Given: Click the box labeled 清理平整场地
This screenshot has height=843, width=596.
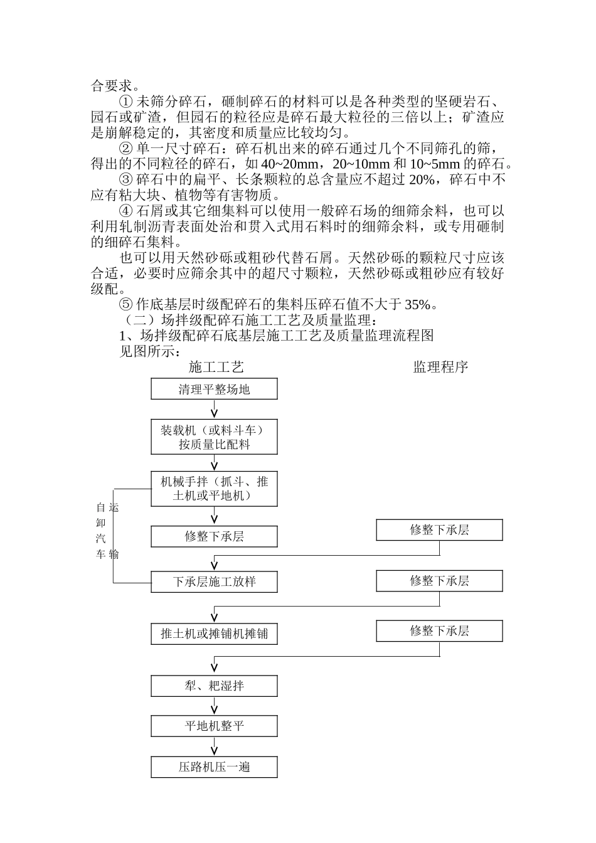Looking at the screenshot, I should tap(214, 389).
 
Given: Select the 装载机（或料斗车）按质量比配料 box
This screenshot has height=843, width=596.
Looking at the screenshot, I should tap(214, 437).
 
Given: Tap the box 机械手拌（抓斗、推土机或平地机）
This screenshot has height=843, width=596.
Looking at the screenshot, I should tap(214, 489).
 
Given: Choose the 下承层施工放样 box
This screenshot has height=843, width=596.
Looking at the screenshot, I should tap(214, 581).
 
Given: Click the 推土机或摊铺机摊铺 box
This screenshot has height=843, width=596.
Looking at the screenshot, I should tap(214, 634).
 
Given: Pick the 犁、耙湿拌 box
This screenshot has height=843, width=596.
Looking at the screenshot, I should tap(214, 686).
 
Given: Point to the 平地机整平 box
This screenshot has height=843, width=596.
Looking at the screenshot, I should tap(214, 726).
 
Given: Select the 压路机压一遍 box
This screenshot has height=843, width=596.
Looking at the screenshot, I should tap(214, 767).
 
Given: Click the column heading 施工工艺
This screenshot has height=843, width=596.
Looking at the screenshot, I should tap(216, 367).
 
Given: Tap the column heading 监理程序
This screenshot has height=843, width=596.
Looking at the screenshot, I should tap(440, 367).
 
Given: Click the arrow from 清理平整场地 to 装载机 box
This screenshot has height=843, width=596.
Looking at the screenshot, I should tap(215, 409).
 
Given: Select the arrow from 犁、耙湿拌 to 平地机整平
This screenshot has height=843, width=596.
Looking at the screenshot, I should tap(215, 706).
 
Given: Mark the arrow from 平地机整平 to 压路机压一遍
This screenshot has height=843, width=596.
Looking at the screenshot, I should tap(215, 746).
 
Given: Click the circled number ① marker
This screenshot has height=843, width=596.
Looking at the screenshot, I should tap(126, 102).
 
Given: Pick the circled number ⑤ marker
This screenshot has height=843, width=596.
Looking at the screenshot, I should tap(126, 305).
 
